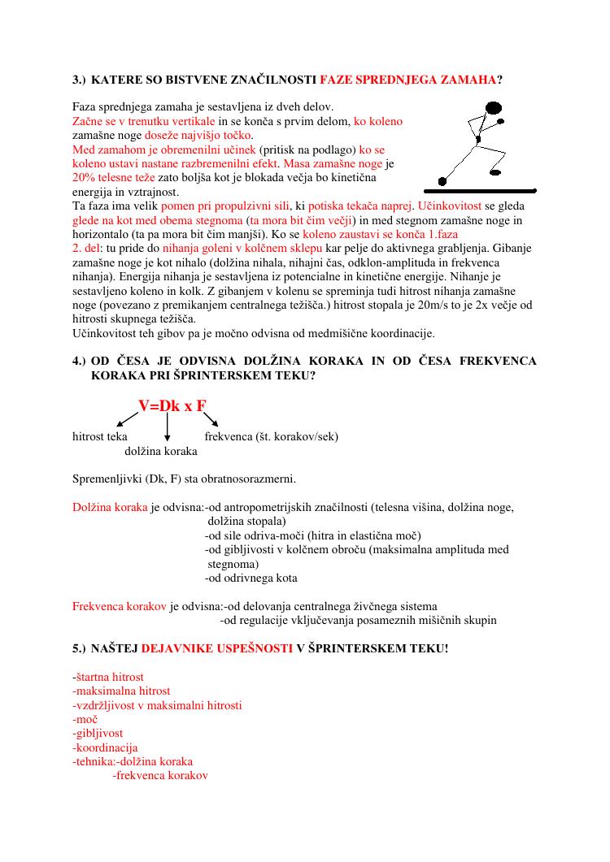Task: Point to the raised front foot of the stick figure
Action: point(495,171)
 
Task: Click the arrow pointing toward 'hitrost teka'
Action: point(127,419)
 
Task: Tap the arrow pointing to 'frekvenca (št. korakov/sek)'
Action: point(211,419)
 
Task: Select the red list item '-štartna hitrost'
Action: point(108,677)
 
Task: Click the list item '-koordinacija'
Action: point(105,747)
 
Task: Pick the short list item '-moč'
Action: point(85,719)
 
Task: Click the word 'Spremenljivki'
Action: point(107,479)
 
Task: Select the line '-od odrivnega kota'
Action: point(251,578)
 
